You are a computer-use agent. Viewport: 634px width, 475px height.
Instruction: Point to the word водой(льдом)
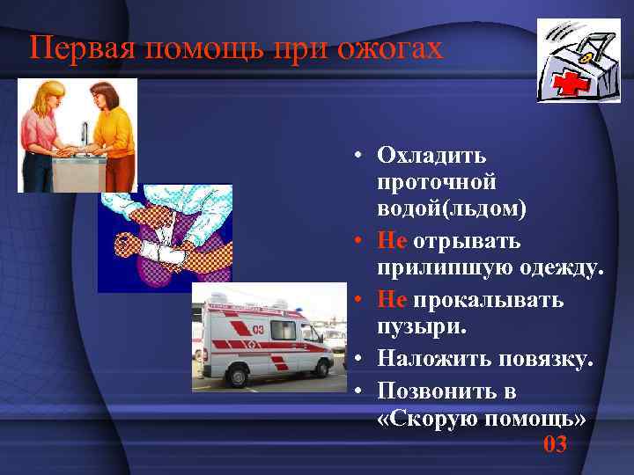tap(452, 208)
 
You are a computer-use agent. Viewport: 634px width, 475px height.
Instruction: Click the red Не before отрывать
tap(392, 240)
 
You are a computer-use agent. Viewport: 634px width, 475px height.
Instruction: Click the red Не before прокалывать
tap(392, 300)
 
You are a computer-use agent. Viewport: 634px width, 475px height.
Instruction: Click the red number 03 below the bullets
tap(555, 444)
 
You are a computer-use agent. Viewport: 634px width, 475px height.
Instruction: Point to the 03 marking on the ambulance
tap(258, 328)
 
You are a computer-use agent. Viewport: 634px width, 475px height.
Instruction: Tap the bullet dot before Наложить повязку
tap(361, 359)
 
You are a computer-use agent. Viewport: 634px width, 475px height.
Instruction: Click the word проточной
tap(436, 182)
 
